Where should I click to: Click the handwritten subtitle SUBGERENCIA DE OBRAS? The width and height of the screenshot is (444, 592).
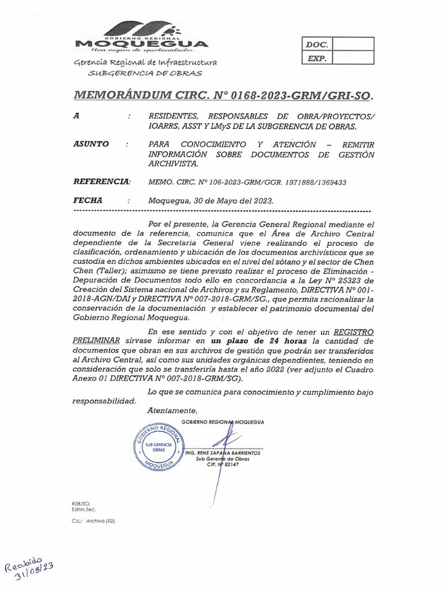click(145, 73)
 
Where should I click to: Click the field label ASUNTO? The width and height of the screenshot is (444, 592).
click(92, 144)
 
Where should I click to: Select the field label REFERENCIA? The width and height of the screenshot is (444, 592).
click(102, 182)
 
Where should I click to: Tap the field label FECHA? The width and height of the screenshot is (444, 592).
click(88, 200)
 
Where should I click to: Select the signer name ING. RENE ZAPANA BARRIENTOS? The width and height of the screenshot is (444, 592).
click(223, 453)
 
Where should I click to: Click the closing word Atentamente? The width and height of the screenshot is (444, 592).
click(173, 410)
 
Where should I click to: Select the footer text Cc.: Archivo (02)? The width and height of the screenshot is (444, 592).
click(94, 521)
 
